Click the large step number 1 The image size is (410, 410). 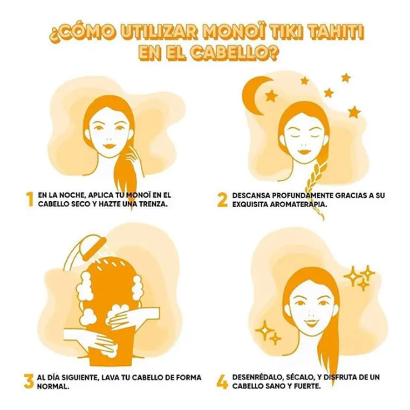pyautogui.click(x=29, y=199)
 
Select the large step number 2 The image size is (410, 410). pyautogui.click(x=222, y=199)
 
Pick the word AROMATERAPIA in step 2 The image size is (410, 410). pyautogui.click(x=299, y=206)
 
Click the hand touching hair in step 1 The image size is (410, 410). pyautogui.click(x=135, y=160)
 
